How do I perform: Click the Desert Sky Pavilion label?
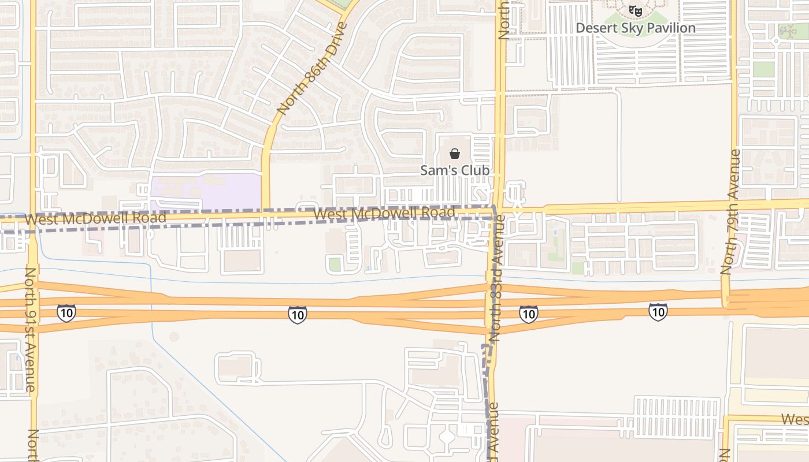[x=636, y=28]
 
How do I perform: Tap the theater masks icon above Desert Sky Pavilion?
[x=636, y=10]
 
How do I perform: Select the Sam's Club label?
[x=455, y=170]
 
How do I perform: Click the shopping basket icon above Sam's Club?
[x=455, y=154]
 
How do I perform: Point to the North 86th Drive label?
[x=312, y=68]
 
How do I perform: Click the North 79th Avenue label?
[x=731, y=212]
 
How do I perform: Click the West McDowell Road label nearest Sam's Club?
[x=384, y=213]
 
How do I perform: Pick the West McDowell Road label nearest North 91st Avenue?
[x=96, y=218]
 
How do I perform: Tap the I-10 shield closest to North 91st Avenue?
[x=66, y=313]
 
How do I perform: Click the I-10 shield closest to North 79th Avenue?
[x=658, y=312]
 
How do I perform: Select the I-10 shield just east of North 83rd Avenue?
[x=528, y=314]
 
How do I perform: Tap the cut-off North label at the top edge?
[x=503, y=20]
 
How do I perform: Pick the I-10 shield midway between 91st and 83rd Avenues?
[x=298, y=314]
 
